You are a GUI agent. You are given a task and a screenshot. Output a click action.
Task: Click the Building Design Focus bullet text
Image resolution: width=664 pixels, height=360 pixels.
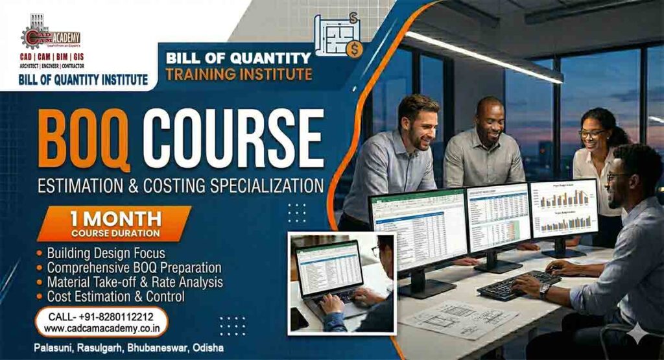click(x=106, y=253)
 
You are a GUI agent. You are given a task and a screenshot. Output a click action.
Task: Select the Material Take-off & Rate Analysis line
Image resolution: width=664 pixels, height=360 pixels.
click(x=135, y=282)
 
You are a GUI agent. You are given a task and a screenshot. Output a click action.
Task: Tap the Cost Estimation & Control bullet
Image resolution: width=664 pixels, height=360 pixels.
click(x=115, y=296)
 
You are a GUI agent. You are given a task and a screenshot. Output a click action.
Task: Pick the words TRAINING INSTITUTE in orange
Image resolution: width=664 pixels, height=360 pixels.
click(x=239, y=74)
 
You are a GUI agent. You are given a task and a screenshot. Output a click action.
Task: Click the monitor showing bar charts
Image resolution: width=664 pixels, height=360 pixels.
click(x=563, y=209)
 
